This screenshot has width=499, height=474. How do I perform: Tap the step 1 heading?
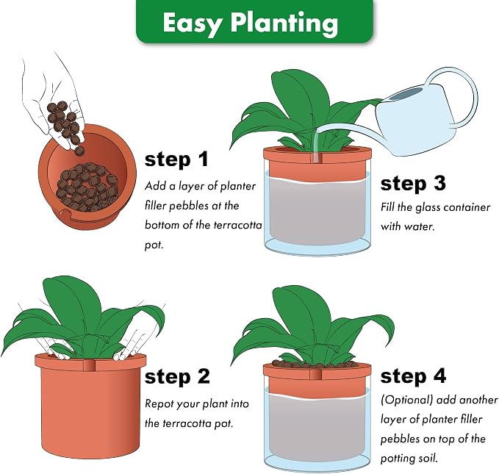(176, 159)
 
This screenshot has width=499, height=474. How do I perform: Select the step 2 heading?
(177, 376)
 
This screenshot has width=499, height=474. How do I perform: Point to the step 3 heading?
(413, 184)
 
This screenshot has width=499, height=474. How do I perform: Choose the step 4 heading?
(413, 376)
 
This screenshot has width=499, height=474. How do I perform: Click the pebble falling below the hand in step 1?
(80, 151)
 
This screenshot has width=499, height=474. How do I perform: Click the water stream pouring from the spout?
(316, 144)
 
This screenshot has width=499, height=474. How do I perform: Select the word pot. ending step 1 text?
(154, 245)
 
